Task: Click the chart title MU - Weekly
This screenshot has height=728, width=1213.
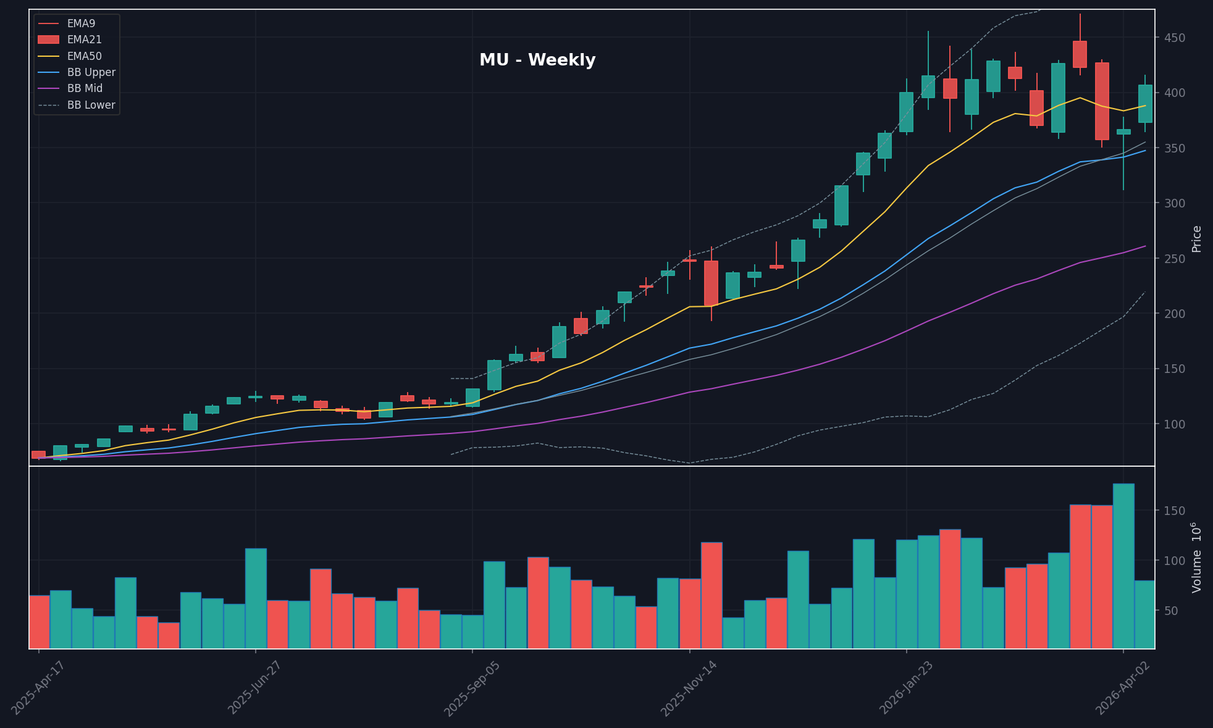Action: click(x=537, y=61)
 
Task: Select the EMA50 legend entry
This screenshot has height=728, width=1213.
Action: click(x=84, y=56)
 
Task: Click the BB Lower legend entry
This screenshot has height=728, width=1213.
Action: click(x=91, y=105)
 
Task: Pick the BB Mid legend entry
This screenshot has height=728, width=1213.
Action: click(x=85, y=89)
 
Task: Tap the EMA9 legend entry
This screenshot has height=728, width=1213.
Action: click(x=81, y=23)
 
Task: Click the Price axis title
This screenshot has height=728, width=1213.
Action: click(x=1196, y=239)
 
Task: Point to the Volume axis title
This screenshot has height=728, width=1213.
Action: click(x=1196, y=558)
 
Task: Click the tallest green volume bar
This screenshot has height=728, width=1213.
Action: click(x=1123, y=566)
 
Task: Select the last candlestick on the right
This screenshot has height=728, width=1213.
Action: click(x=1145, y=104)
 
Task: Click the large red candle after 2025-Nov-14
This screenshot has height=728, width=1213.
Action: click(x=711, y=283)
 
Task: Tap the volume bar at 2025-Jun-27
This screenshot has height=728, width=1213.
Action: click(x=256, y=598)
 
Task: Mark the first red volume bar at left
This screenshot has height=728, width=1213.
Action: click(x=40, y=621)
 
